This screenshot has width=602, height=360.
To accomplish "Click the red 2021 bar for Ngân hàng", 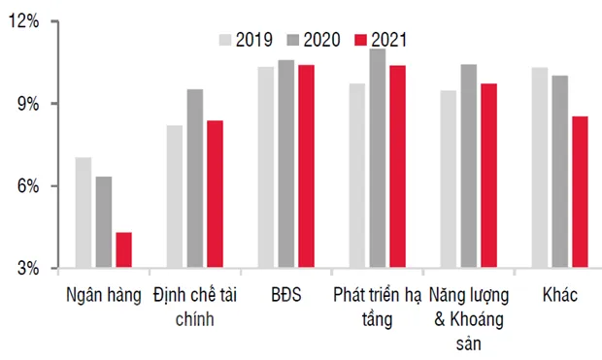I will [x=123, y=249].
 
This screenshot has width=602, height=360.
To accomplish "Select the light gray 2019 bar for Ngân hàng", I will [x=84, y=212].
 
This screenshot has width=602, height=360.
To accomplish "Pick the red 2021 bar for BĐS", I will [x=306, y=166].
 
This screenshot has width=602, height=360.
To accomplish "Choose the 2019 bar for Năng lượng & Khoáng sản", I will [x=448, y=179].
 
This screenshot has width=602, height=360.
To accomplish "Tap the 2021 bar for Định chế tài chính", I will [x=215, y=194].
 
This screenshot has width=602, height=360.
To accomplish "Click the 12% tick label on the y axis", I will [x=24, y=21].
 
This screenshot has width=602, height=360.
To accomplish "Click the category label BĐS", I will [x=286, y=295].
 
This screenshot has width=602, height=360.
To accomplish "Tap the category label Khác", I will [x=560, y=295].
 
